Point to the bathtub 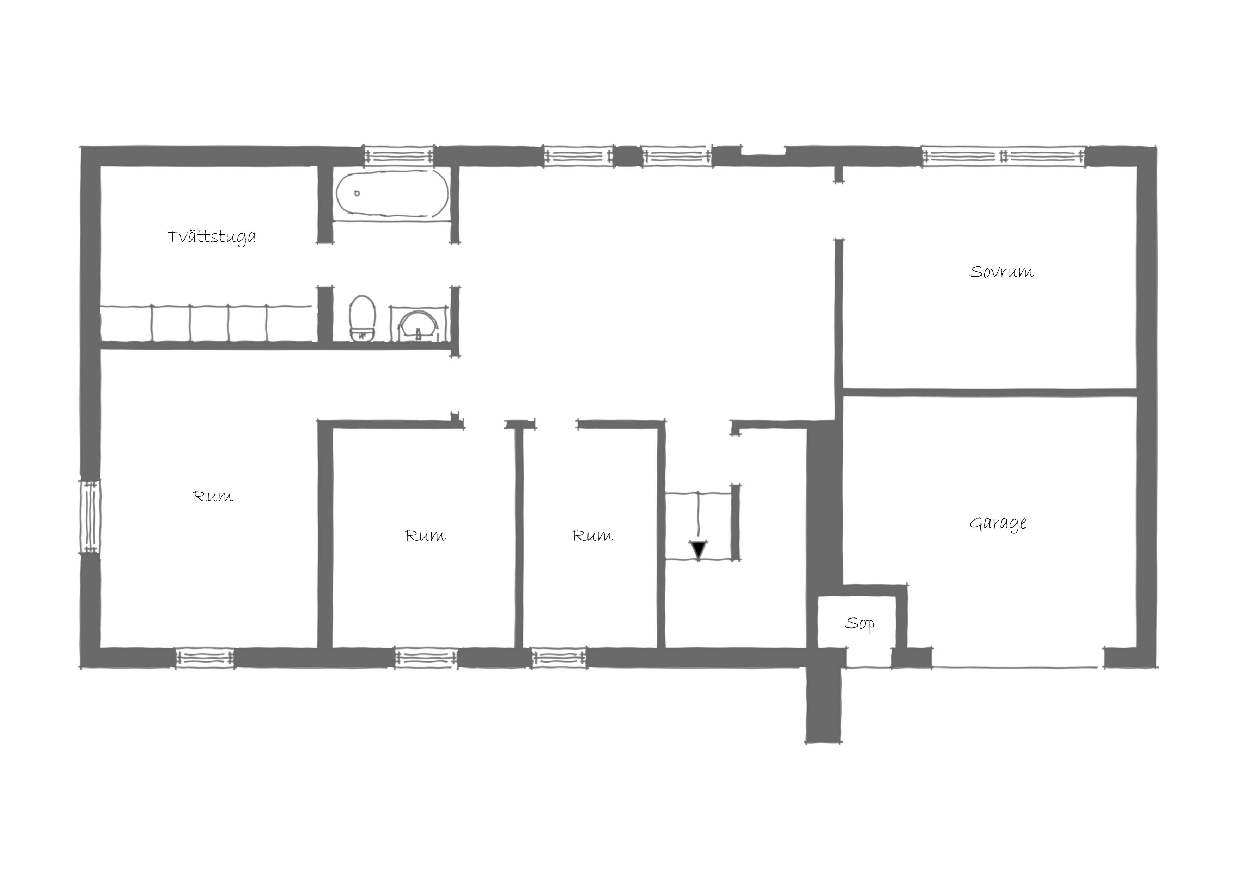[x=392, y=195]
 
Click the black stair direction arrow [x=699, y=549]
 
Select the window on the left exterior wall [x=90, y=517]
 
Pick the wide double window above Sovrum [x=1004, y=156]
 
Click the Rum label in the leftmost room [x=213, y=497]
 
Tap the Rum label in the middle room [x=425, y=536]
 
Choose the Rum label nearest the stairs [x=593, y=536]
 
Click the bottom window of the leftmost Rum [x=205, y=658]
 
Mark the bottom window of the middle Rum [x=426, y=658]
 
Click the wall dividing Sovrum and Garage [x=989, y=393]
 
